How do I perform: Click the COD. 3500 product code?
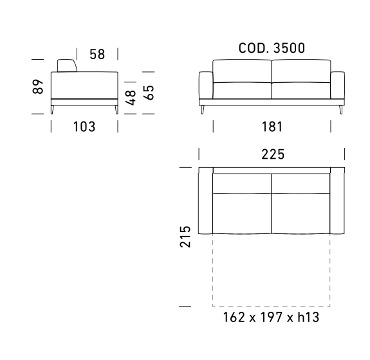pyautogui.click(x=272, y=48)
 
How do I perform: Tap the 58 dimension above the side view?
pyautogui.click(x=97, y=54)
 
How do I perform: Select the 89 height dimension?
pyautogui.click(x=38, y=87)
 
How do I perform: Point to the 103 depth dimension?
pyautogui.click(x=84, y=127)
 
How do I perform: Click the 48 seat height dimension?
pyautogui.click(x=131, y=98)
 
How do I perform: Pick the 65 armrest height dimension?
pyautogui.click(x=149, y=93)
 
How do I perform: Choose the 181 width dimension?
pyautogui.click(x=272, y=127)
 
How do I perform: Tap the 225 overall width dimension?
pyautogui.click(x=273, y=154)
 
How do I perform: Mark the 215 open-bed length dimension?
pyautogui.click(x=185, y=237)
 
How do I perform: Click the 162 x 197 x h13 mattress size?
pyautogui.click(x=271, y=317)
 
